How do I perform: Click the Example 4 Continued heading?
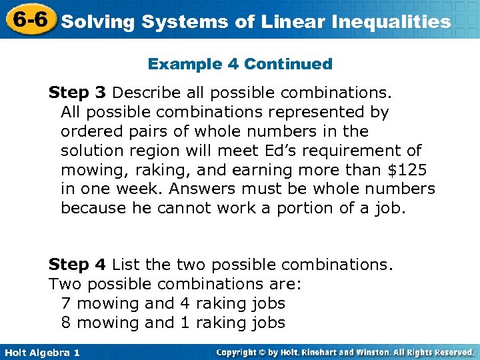pos(240,64)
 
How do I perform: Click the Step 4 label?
pos(77,265)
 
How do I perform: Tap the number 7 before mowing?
pos(65,303)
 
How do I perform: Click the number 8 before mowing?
pos(65,323)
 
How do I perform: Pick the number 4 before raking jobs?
pos(185,303)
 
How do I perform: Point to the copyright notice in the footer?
pos(345,352)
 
